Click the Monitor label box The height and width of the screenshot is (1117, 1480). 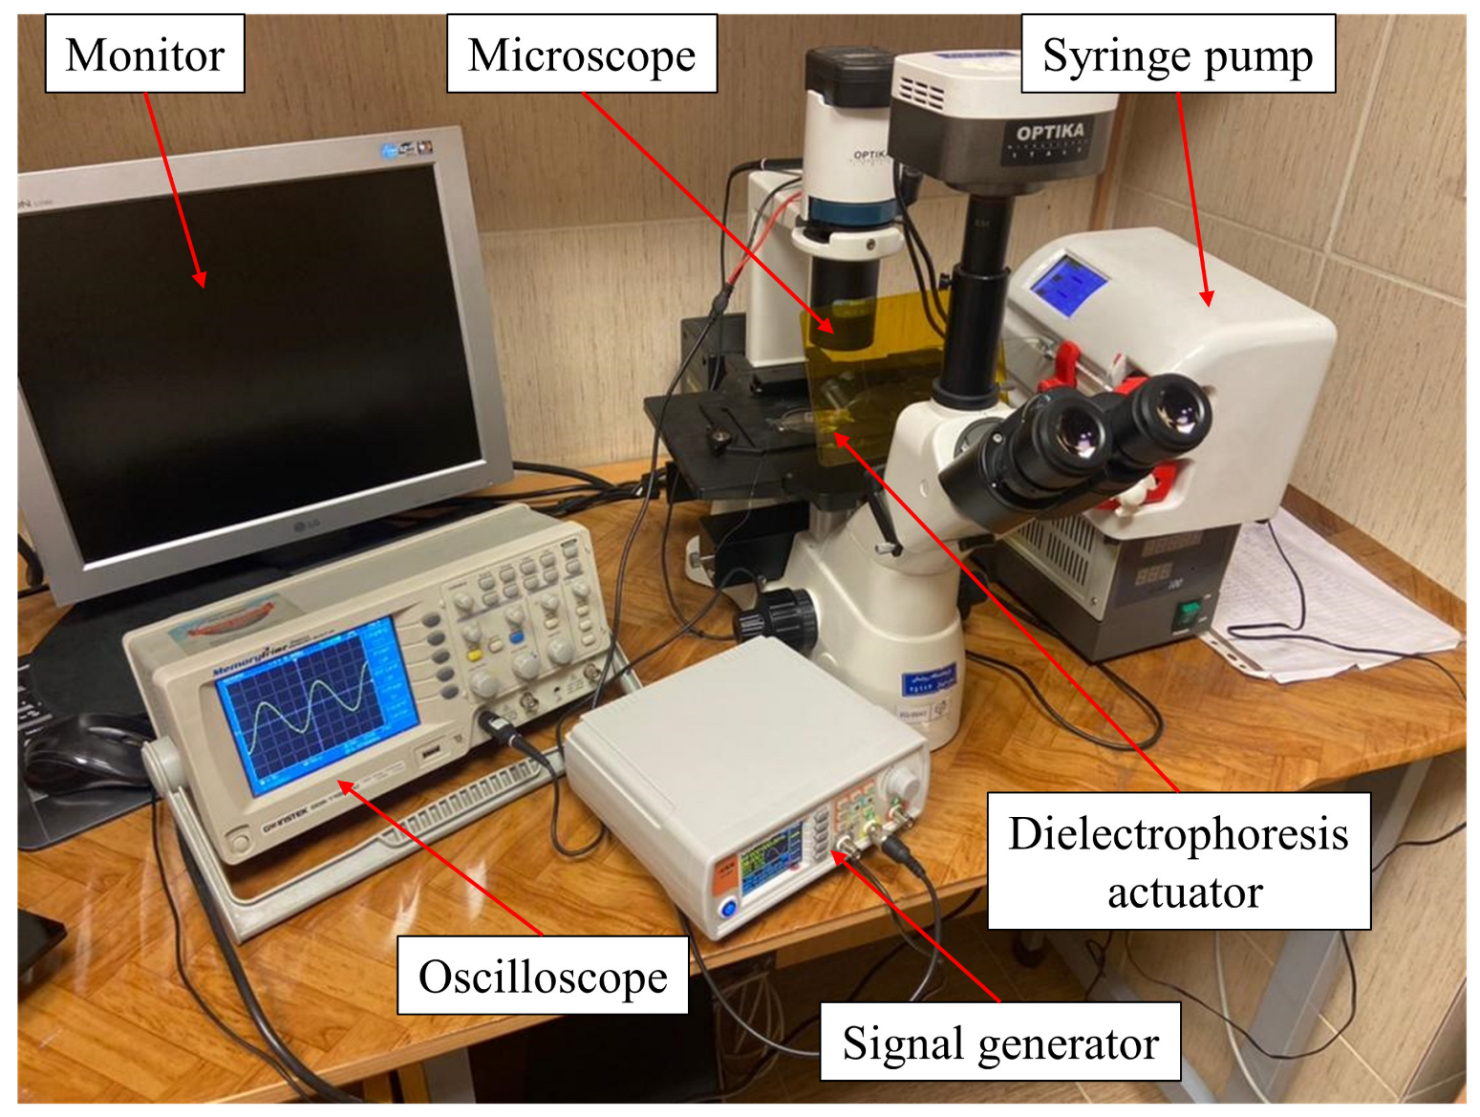[145, 54]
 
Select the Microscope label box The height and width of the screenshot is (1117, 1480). [582, 54]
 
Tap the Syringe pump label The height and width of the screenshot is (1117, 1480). [1177, 54]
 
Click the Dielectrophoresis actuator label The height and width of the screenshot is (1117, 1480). [1179, 861]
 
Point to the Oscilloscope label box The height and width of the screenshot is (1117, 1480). [543, 976]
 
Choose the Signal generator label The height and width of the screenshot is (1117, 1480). [1000, 1042]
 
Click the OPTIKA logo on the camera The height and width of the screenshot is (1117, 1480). [1050, 132]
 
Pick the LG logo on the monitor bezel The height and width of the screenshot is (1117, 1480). [306, 525]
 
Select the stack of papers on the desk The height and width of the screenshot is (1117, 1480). [1338, 602]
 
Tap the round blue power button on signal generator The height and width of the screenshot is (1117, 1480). [729, 907]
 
